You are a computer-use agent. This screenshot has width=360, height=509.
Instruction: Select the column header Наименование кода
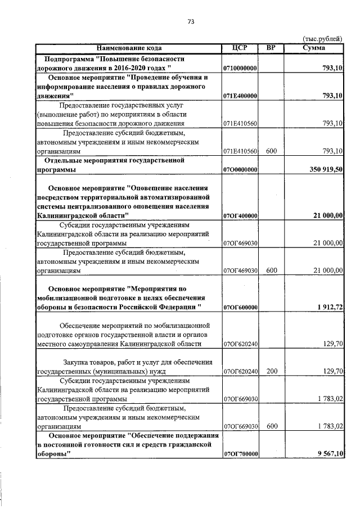point(129,48)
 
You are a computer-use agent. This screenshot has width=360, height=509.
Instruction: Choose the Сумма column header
point(313,48)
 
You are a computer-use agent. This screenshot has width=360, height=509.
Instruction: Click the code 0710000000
point(240,68)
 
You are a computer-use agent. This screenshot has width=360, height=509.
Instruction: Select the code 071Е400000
point(240,96)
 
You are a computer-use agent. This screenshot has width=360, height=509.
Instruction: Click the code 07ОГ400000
point(240,215)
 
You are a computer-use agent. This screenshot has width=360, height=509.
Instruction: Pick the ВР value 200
point(272,372)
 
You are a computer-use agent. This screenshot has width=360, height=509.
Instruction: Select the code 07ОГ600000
point(240,308)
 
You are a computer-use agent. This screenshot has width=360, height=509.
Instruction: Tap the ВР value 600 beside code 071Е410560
point(272,151)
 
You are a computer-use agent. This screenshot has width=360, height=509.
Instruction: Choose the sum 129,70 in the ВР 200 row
point(332,372)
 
